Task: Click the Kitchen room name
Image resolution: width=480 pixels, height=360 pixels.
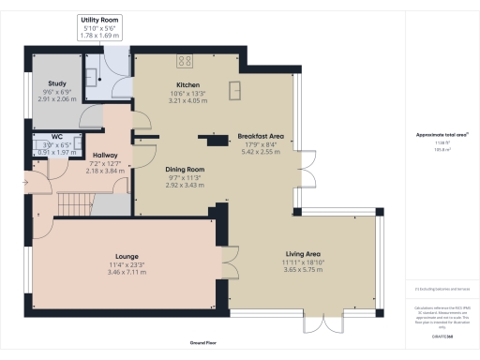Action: point(178,84)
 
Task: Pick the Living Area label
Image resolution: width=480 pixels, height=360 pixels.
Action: point(303,253)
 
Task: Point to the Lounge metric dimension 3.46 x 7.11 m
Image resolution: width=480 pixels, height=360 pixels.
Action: point(127,271)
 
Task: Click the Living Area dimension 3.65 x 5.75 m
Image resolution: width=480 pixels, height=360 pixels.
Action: point(303,270)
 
